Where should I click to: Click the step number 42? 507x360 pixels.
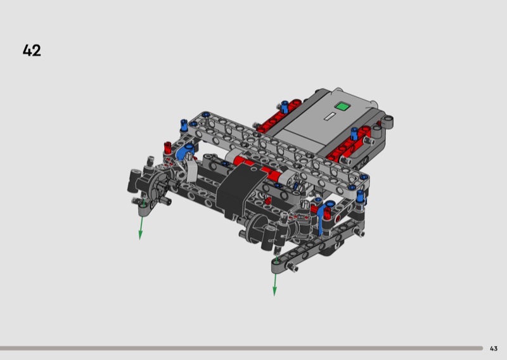pos(32,51)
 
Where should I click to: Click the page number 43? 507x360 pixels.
pos(494,349)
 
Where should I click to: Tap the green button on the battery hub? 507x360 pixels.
pos(342,106)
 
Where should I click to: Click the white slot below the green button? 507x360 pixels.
pos(330,116)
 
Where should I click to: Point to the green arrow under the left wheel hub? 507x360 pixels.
pos(141,219)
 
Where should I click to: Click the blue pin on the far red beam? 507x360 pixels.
pos(285,106)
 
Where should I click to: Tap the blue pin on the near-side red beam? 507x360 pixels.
pos(354,134)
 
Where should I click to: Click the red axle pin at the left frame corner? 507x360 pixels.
pos(167,148)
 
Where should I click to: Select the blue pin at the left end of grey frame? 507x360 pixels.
pos(184,125)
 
